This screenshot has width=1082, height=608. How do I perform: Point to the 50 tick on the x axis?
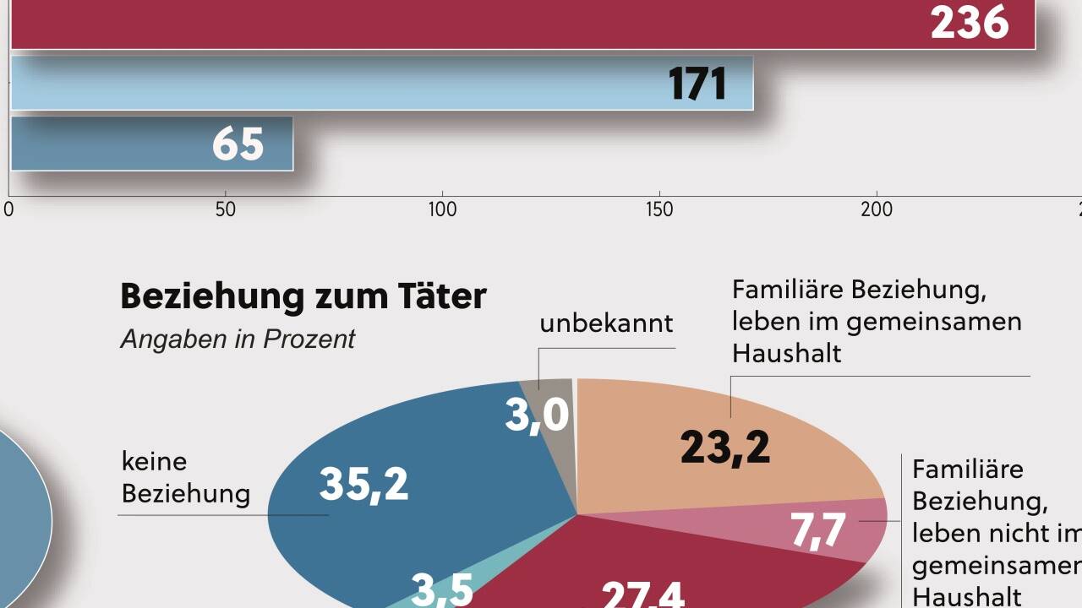pos(226,209)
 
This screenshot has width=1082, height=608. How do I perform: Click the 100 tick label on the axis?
pos(442,209)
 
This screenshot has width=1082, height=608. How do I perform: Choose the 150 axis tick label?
pos(659,209)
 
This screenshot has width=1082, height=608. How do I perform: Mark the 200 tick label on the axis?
pos(877,209)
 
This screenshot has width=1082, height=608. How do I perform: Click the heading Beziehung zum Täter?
pos(303,296)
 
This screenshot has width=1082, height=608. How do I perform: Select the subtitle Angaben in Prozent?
pos(238,339)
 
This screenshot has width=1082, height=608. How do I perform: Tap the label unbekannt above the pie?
pos(606,323)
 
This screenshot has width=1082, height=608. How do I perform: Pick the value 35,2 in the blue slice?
pos(363,484)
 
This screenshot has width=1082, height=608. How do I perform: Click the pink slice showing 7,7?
pos(818,530)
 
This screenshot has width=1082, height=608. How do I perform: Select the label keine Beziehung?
pos(186,477)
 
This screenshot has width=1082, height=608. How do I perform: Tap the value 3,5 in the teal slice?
pos(443,589)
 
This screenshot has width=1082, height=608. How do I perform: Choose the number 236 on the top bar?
pos(970,24)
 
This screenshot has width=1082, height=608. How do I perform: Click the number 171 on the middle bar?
pos(697,84)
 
